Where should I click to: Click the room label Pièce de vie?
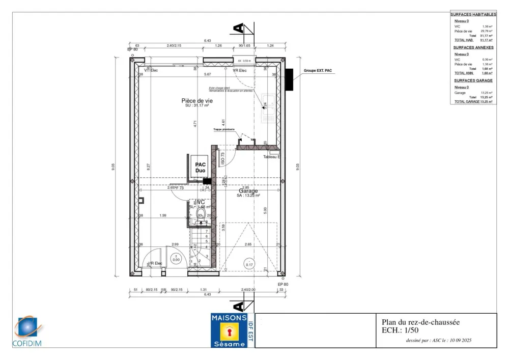pos(197,101)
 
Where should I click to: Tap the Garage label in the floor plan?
pos(248,190)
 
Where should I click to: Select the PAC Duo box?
pos(200,168)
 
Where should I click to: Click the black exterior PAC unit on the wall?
pos(290,79)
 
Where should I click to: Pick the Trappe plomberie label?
pos(224,130)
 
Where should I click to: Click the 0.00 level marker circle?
pos(176,259)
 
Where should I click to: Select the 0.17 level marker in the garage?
pos(249,264)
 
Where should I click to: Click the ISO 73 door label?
pos(222,158)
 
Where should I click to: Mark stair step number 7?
pos(206,231)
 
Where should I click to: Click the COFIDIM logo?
pos(28,331)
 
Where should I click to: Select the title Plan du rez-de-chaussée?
pos(420,322)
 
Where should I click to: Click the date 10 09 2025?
pos(460,340)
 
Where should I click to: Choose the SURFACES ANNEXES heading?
pos(473,47)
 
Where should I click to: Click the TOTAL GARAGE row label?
pos(467,102)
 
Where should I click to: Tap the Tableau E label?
pos(272,157)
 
